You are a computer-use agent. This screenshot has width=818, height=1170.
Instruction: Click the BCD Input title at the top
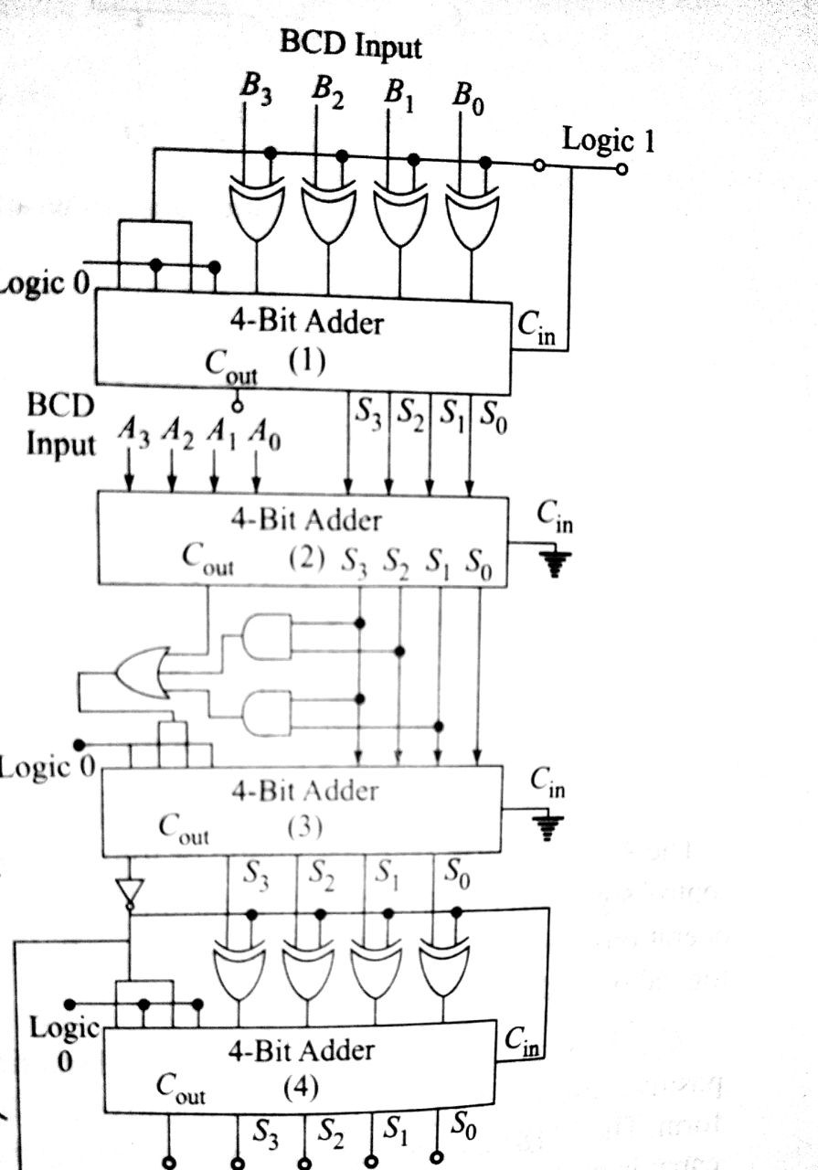point(351,44)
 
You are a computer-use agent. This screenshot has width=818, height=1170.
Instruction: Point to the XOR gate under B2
point(327,212)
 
